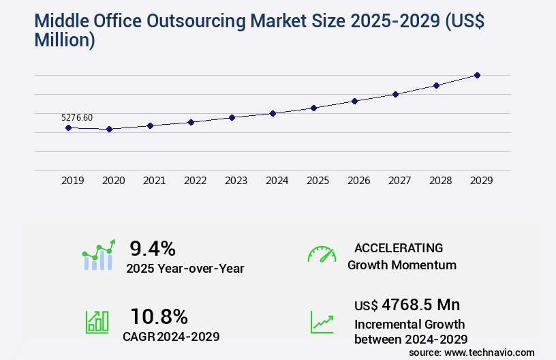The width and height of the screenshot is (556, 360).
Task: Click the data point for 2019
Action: (68, 127)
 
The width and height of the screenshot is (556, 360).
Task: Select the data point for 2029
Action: (477, 75)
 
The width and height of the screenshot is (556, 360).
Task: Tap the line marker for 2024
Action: (273, 113)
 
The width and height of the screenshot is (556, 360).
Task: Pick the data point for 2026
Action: (354, 101)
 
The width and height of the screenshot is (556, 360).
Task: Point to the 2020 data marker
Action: (109, 129)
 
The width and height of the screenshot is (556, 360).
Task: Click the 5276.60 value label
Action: (77, 117)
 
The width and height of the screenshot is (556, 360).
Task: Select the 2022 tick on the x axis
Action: (195, 181)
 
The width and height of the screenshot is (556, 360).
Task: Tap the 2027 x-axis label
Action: (399, 181)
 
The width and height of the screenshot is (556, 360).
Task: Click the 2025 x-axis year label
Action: (318, 181)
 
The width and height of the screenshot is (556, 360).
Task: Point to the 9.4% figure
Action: (153, 248)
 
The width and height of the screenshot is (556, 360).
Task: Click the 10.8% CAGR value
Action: (159, 316)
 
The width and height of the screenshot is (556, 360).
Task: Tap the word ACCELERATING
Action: (399, 247)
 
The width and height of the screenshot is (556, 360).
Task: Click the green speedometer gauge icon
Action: (322, 254)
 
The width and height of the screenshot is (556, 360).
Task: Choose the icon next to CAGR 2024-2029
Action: (97, 322)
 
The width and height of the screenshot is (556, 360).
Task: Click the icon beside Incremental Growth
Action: (322, 322)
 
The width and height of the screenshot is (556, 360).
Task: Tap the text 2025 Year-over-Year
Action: (185, 269)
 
